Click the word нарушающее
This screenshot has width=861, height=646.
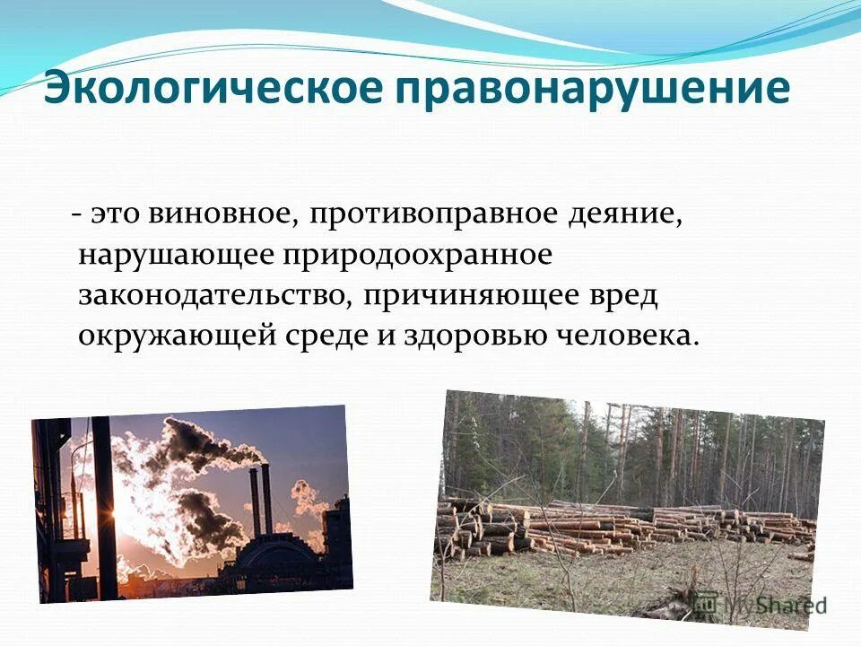(176, 255)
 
